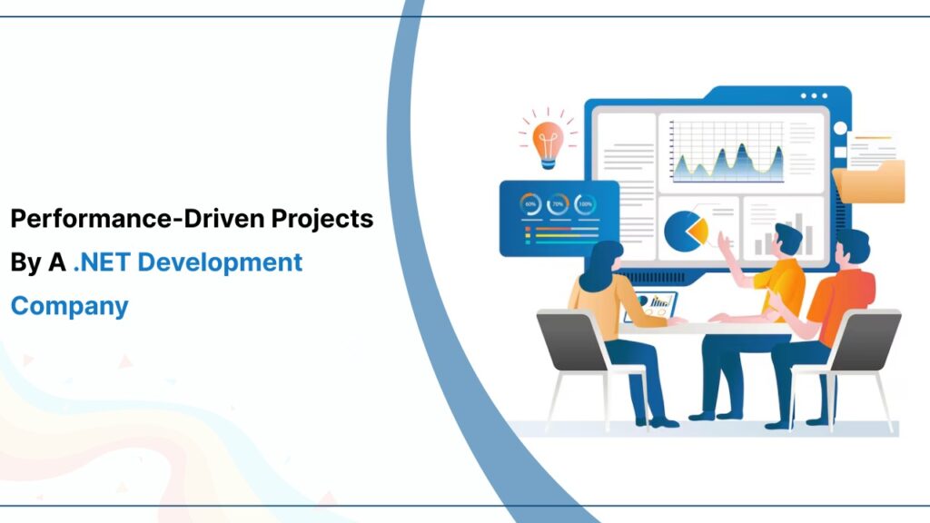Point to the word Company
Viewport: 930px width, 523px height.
(69, 306)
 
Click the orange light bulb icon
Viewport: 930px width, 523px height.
(548, 139)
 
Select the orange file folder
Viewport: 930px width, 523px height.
(869, 179)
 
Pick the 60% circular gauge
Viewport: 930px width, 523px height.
(529, 204)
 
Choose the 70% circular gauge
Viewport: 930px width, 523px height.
(558, 204)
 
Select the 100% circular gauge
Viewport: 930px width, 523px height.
(586, 204)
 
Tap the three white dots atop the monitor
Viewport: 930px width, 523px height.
(814, 95)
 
